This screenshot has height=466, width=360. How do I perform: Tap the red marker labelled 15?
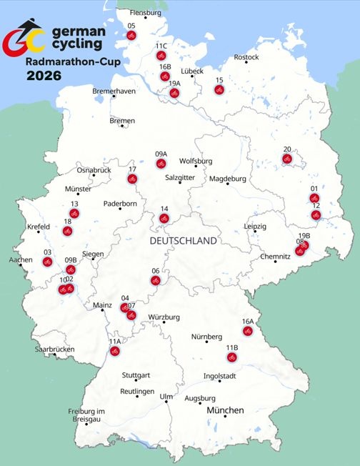coord(219,89)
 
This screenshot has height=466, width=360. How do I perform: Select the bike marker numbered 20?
coord(287,159)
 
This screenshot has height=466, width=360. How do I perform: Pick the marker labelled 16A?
coord(248,331)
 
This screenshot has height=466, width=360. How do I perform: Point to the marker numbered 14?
coord(164,218)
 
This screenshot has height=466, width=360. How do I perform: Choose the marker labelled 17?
coord(132,179)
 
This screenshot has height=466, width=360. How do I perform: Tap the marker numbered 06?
coord(156,280)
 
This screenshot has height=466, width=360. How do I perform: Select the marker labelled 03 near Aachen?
coord(47,262)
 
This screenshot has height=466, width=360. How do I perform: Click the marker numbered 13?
coord(74,213)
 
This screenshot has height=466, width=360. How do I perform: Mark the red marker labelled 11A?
coord(114,351)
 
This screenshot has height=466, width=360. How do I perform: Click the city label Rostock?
coord(246,57)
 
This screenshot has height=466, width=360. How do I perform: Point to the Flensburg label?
coord(146,13)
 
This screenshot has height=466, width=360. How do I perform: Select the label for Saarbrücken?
coord(54,349)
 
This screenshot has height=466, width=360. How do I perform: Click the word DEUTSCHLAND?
coord(184,242)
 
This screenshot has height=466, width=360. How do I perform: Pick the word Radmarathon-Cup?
coord(72,61)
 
